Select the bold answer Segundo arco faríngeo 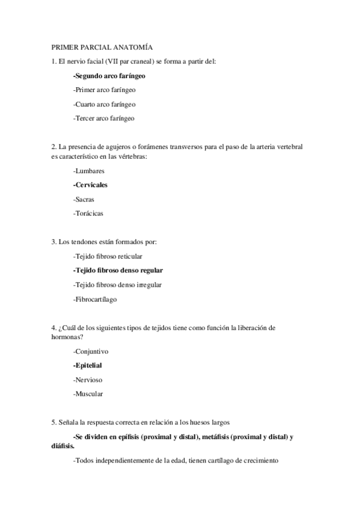coord(109,76)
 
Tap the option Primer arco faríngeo coord(104,90)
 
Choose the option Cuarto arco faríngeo coord(104,104)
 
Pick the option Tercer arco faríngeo coord(103,118)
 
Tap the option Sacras coord(84,198)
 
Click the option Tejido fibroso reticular coord(108,256)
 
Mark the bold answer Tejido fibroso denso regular coord(118,270)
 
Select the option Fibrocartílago coord(95,298)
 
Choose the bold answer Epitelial coord(88,365)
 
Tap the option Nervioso coord(87,379)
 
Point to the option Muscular coord(88,394)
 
